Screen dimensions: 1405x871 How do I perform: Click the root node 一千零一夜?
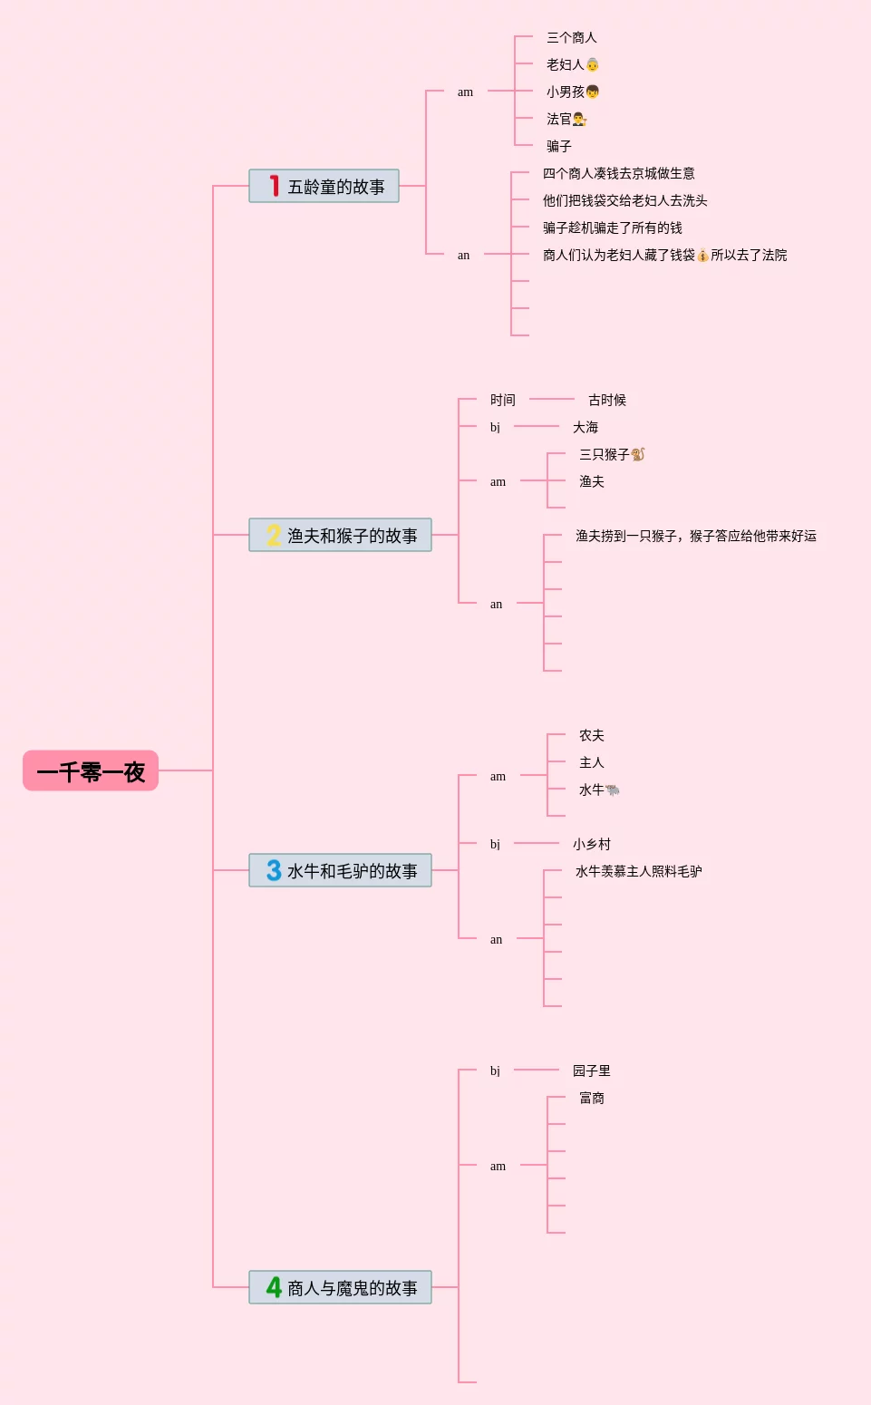click(91, 771)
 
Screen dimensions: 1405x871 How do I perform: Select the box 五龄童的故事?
click(324, 187)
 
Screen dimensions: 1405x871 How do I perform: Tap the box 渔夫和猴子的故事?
click(340, 536)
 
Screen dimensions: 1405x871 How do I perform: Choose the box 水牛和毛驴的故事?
click(340, 871)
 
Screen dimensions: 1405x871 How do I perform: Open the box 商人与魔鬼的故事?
click(340, 1288)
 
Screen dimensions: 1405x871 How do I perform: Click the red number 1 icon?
click(273, 186)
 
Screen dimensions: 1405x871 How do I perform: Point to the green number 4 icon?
click(274, 1287)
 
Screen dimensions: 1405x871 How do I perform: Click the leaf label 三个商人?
click(571, 38)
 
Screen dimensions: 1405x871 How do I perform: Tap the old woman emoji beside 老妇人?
click(593, 65)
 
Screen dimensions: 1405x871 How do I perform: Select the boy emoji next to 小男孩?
click(593, 92)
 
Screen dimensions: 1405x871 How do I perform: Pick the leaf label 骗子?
click(558, 147)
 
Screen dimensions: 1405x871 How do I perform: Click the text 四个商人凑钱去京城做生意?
click(618, 174)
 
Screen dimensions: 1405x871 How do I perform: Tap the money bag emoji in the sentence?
click(702, 256)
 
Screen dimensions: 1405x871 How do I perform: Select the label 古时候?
click(606, 401)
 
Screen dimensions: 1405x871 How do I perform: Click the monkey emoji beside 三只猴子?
click(638, 454)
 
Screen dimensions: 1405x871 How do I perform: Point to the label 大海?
click(585, 428)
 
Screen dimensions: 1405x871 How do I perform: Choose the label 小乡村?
click(591, 845)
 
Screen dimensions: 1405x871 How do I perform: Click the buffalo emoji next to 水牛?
click(614, 790)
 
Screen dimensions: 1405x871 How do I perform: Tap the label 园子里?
click(591, 1071)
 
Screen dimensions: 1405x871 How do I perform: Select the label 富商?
click(591, 1099)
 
